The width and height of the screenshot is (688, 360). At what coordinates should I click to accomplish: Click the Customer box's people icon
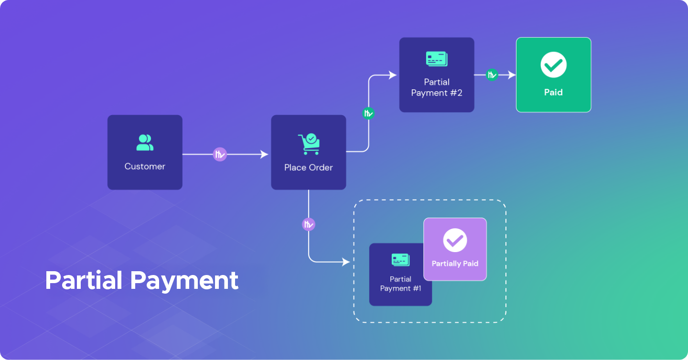pos(145,143)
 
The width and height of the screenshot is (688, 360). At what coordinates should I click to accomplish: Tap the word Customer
pos(145,167)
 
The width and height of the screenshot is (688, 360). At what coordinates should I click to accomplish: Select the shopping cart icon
pos(309,144)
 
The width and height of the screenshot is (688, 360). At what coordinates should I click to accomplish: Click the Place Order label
pos(309,168)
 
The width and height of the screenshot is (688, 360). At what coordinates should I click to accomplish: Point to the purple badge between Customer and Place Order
pos(219,154)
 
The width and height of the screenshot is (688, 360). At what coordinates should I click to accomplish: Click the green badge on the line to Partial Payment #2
pos(368,113)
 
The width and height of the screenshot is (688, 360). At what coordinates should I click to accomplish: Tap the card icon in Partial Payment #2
pos(437,59)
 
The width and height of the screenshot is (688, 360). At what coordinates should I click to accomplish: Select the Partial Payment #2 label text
pos(437,87)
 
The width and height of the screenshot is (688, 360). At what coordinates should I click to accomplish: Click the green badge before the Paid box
pos(492,75)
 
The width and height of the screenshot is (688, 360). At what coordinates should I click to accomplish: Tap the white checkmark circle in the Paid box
pos(553,65)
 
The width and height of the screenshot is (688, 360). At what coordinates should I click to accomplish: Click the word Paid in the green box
pos(553,92)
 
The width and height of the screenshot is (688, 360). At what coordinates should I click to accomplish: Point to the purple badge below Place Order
pos(309,224)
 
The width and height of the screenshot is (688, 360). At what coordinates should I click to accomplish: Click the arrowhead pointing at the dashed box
pos(346,262)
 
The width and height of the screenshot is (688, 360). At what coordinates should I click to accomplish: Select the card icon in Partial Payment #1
pos(400,260)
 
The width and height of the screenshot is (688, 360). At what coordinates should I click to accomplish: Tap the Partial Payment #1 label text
pos(400,284)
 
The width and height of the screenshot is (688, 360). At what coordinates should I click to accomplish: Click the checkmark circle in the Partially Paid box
pos(455,240)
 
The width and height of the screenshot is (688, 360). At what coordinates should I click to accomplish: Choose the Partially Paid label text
pos(455,264)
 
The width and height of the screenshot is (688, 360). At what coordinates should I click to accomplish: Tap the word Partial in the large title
pos(84,280)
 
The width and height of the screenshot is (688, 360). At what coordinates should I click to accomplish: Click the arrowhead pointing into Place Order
pos(264,154)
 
